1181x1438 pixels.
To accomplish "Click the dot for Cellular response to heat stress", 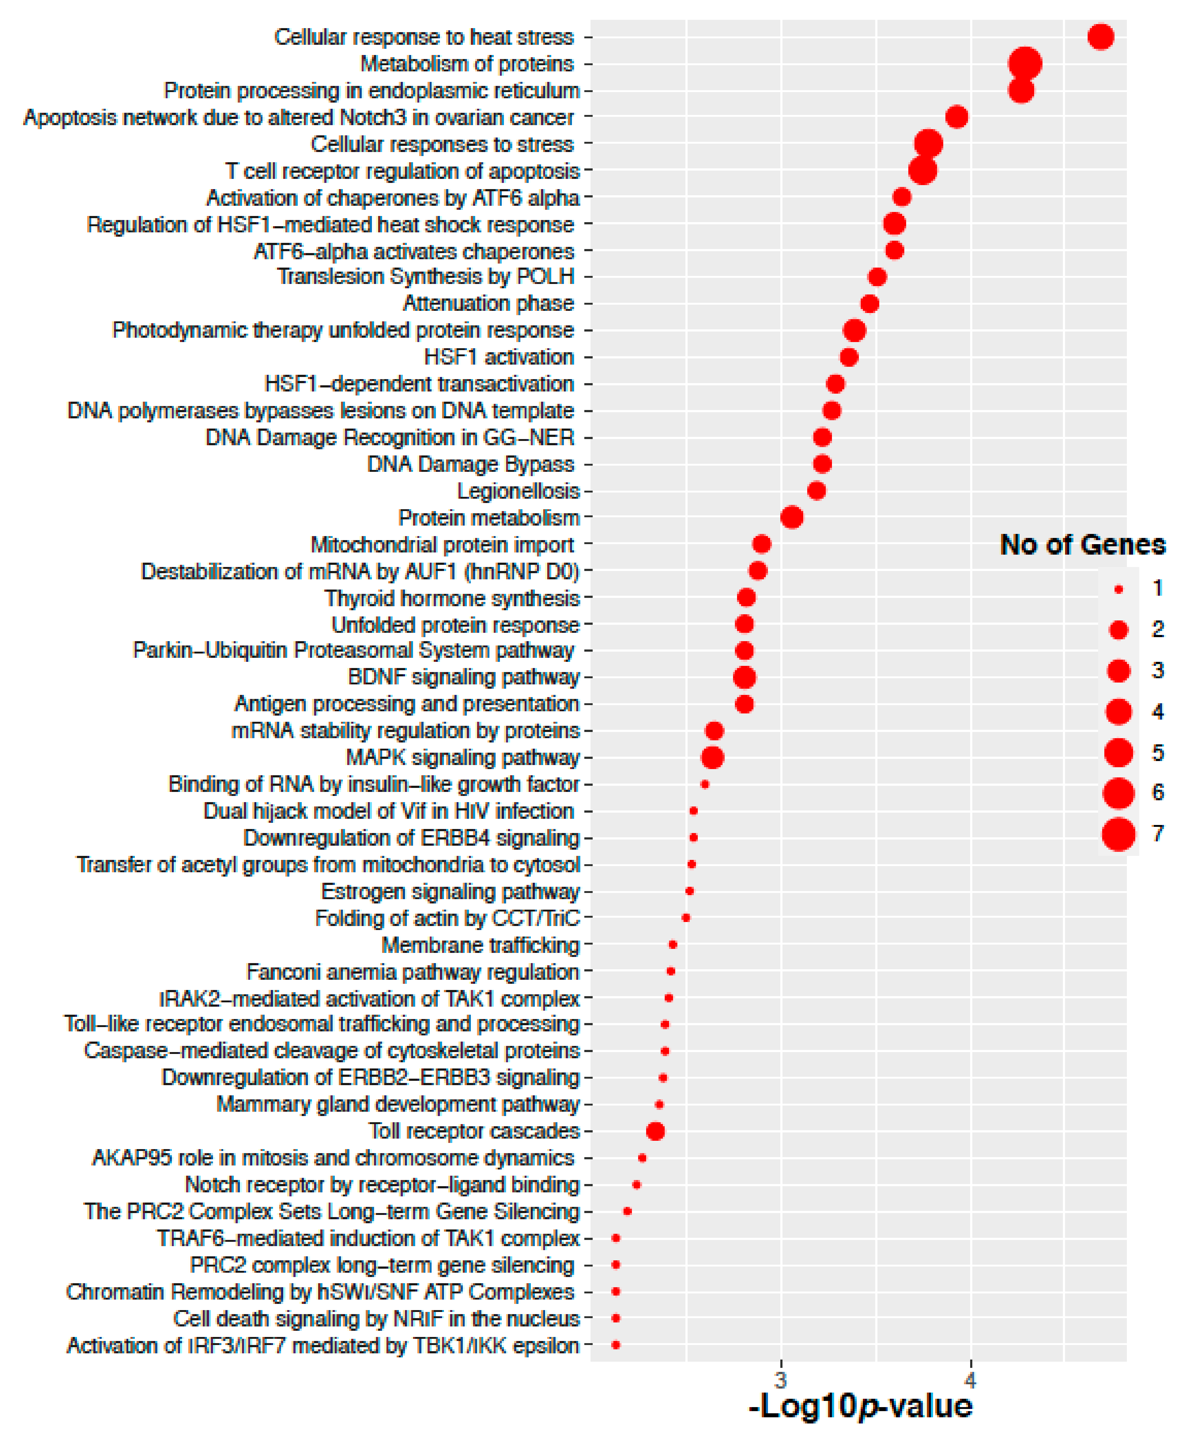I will coord(1101,37).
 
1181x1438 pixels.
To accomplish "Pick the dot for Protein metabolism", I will coord(791,518).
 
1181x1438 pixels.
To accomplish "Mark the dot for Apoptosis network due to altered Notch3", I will coord(957,117).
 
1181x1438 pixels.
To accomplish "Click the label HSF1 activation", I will coord(499,357).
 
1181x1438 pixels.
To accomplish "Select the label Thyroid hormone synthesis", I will coord(452,598).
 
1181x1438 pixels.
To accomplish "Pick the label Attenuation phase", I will coord(488,303).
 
